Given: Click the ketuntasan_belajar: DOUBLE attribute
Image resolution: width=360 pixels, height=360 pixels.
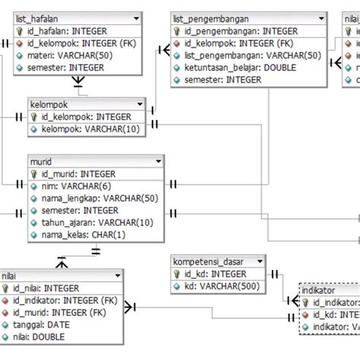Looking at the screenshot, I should click(237, 68).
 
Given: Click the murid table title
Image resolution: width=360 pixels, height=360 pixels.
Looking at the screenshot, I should click(41, 162).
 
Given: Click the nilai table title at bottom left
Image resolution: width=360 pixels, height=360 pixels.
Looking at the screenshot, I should click(11, 275).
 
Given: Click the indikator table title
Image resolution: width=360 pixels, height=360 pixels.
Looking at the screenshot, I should click(319, 289).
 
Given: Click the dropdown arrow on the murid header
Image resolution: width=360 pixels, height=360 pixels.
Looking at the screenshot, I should click(157, 162).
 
